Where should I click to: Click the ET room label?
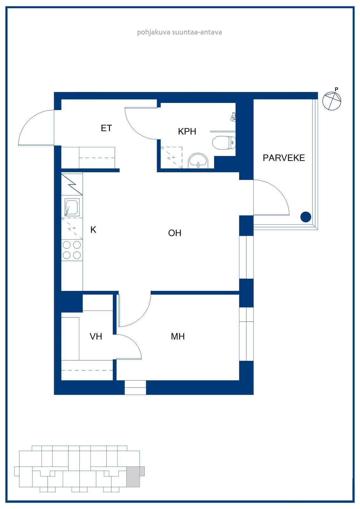pos(106,128)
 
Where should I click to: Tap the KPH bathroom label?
pos(187,132)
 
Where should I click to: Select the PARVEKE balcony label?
pos(284,158)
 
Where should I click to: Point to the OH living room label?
pos(175,233)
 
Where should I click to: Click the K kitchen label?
pos(93,230)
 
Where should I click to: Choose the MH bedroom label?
pos(178,337)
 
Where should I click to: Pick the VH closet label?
pos(96,337)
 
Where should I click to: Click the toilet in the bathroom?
pos(224,143)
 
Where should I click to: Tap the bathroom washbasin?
pos(198,161)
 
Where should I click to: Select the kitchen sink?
pos(72,207)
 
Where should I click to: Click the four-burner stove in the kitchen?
pos(72,250)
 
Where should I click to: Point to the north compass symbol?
pos(332,100)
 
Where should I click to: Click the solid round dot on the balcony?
pos(306,217)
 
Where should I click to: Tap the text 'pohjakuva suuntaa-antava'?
pos(180,32)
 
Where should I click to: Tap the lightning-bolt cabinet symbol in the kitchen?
pos(72,185)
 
